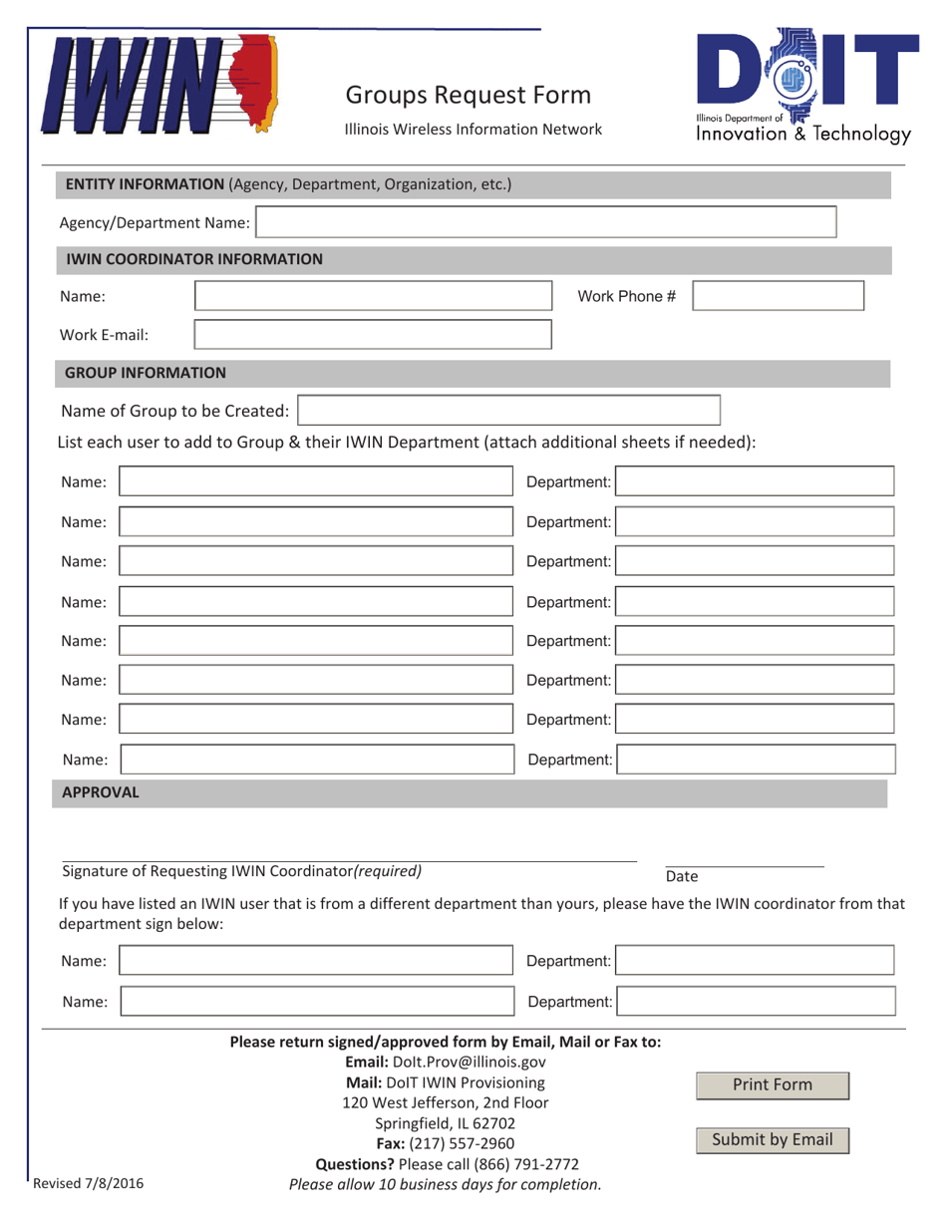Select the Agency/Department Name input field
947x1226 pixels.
point(546,222)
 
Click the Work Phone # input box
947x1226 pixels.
point(778,296)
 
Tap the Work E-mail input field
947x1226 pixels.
point(371,335)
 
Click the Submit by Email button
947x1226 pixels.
point(772,1139)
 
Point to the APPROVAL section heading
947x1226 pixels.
point(101,792)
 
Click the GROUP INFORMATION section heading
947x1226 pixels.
point(146,373)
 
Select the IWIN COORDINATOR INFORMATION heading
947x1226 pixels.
point(194,259)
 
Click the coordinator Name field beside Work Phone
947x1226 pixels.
point(371,296)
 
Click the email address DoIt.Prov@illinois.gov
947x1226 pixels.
point(473,1063)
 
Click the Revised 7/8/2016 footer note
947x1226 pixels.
point(89,1184)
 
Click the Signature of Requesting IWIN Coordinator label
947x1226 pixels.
point(241,870)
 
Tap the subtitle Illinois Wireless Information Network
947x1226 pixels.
point(473,129)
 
